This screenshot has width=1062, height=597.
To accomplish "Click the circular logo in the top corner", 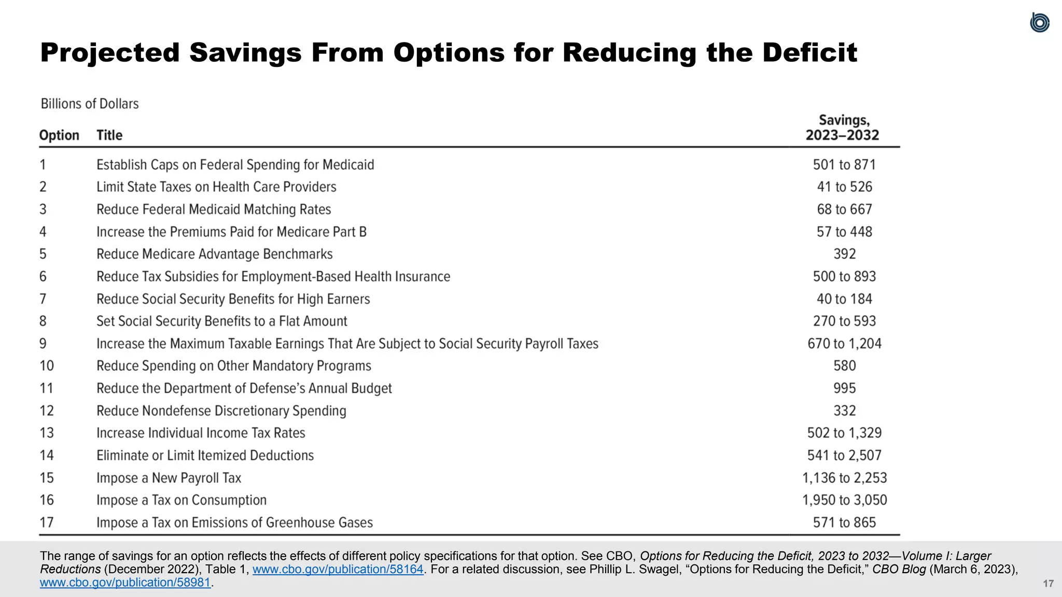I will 1039,23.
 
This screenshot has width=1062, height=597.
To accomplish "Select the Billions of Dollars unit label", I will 90,104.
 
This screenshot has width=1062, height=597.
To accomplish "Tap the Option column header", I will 59,135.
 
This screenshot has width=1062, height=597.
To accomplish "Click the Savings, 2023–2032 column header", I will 843,128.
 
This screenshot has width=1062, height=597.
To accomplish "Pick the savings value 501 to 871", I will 844,165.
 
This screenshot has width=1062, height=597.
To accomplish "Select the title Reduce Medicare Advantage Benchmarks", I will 215,254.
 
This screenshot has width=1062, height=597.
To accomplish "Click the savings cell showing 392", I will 844,254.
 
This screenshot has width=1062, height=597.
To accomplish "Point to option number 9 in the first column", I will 43,344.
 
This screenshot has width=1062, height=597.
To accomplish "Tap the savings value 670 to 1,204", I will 844,344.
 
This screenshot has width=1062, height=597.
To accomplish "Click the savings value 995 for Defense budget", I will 844,388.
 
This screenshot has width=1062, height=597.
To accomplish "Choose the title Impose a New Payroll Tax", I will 169,478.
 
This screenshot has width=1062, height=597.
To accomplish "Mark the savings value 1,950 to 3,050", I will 844,500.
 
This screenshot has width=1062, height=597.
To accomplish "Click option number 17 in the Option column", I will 47,522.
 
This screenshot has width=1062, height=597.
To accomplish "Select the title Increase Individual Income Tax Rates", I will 201,433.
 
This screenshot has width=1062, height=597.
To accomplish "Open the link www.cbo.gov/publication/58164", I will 338,570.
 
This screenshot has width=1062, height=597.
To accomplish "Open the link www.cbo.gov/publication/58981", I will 125,582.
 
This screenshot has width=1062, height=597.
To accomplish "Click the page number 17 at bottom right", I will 1048,584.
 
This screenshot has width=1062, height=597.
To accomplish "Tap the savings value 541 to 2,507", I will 844,456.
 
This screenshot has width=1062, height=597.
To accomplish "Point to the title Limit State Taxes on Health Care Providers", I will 216,187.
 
